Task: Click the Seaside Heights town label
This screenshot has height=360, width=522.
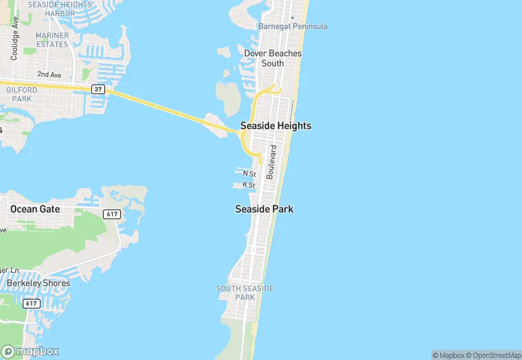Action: pyautogui.click(x=275, y=126)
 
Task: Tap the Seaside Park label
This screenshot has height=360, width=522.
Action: pyautogui.click(x=264, y=209)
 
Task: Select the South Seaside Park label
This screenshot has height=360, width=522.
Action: pyautogui.click(x=245, y=293)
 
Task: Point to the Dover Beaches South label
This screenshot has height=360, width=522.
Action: pyautogui.click(x=273, y=58)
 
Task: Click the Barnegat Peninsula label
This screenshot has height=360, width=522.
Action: pyautogui.click(x=293, y=26)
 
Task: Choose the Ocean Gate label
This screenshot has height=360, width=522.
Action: pyautogui.click(x=35, y=209)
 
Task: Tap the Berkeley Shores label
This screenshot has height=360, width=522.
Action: pyautogui.click(x=38, y=283)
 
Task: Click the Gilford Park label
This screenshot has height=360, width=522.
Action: pyautogui.click(x=21, y=94)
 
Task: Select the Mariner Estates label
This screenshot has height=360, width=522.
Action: pyautogui.click(x=53, y=40)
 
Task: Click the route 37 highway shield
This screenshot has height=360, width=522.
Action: pyautogui.click(x=98, y=89)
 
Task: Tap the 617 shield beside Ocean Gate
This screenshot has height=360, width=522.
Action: pyautogui.click(x=113, y=214)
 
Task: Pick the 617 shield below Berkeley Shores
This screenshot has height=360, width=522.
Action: pyautogui.click(x=31, y=303)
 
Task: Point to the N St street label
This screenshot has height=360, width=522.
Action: pyautogui.click(x=249, y=174)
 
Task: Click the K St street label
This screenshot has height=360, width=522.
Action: pyautogui.click(x=249, y=185)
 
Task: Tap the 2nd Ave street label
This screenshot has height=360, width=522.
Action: pyautogui.click(x=49, y=74)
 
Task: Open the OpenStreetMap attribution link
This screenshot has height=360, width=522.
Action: pyautogui.click(x=493, y=355)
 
